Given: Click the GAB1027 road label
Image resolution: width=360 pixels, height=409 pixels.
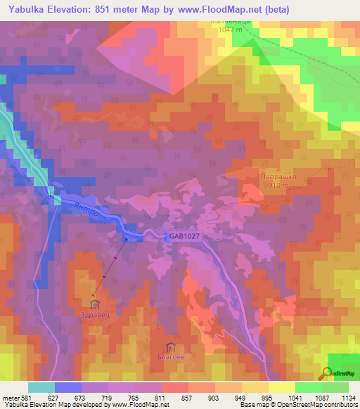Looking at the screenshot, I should point(185,237).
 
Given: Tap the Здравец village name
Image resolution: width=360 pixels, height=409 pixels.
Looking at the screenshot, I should point(95,316).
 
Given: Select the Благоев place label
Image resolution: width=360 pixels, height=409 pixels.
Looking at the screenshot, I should point(169,357).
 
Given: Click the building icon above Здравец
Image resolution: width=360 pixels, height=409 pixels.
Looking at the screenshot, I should point(95,304).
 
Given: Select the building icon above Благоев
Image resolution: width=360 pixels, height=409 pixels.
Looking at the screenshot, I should point(169,346).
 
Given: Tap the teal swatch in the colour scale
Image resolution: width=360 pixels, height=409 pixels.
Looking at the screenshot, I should point(41,387).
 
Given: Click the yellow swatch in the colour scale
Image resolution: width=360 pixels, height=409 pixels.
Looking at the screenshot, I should point(281,387).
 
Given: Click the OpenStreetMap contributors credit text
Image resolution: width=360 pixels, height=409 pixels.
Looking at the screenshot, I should point(316,405).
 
